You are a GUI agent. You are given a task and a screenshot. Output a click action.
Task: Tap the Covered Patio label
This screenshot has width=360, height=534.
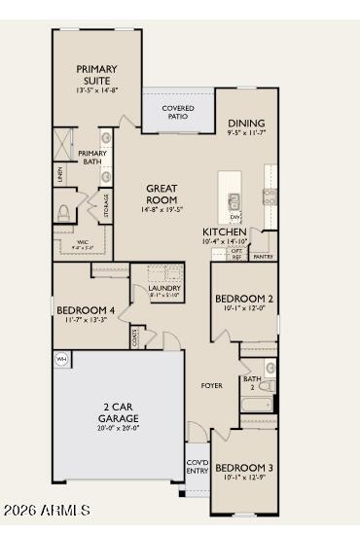[x=177, y=111]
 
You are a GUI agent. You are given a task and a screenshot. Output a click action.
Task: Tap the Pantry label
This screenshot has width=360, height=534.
[x=262, y=257]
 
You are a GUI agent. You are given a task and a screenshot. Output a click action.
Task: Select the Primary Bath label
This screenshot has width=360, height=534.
[x=92, y=158]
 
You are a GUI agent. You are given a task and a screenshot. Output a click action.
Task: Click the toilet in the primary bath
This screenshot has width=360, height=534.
[x=65, y=212]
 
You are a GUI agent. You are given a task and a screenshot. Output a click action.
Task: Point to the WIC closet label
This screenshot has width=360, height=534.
[x=82, y=243]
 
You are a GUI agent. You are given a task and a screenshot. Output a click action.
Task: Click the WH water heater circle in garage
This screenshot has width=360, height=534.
[x=62, y=359]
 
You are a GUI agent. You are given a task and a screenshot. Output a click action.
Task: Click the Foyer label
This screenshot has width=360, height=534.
[x=212, y=385]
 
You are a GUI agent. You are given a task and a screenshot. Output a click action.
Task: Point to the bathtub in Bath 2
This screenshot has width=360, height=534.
[x=256, y=404]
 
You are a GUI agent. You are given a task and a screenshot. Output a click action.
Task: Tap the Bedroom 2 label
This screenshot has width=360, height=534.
[x=243, y=298]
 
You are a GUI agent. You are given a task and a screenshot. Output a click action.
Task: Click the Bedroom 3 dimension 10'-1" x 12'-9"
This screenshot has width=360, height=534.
[x=243, y=478]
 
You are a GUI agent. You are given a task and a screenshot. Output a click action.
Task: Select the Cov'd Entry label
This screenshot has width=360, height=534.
[x=198, y=466]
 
